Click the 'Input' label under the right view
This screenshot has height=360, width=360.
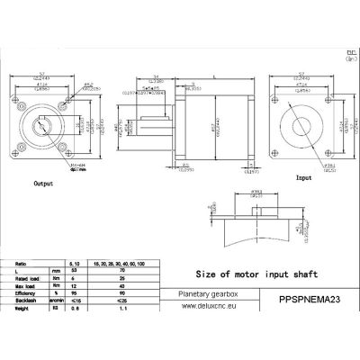click(304, 178)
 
